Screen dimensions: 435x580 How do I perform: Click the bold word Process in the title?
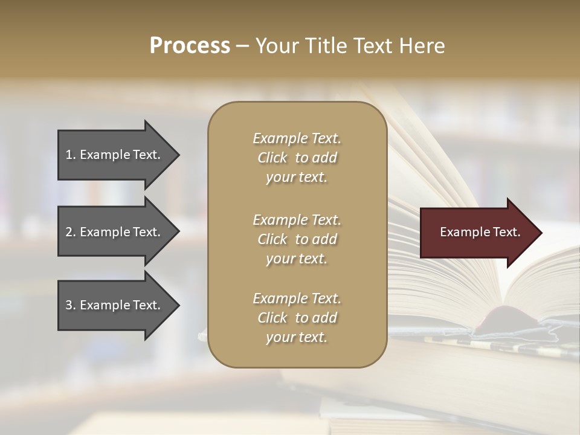[190, 46]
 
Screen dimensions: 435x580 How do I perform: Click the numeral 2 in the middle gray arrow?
[69, 232]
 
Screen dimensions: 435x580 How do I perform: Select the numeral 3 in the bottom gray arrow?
[69, 305]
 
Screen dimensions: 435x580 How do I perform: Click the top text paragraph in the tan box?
[297, 158]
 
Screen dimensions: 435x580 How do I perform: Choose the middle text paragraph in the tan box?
[297, 239]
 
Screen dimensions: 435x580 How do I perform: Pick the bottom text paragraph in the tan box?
[297, 318]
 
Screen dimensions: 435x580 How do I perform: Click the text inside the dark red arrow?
[480, 232]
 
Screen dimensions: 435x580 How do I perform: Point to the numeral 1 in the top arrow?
[69, 155]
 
